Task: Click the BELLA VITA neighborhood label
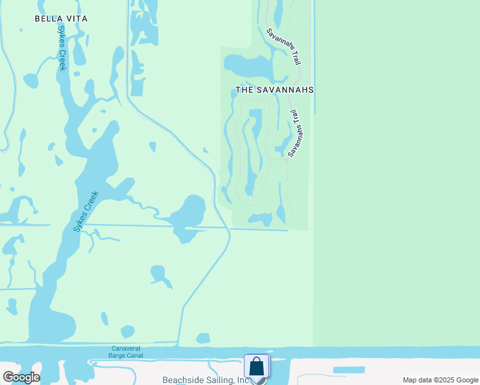[61, 19]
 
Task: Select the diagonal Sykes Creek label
[86, 211]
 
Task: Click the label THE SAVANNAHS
[274, 90]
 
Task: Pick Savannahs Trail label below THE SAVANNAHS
[295, 133]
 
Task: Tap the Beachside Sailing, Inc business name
[205, 380]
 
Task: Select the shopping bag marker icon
[257, 367]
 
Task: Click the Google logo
[21, 377]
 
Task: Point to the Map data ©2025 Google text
[440, 380]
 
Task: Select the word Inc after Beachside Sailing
[243, 380]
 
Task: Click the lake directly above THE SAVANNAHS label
[247, 65]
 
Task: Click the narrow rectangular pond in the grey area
[348, 370]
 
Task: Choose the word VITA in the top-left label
[76, 19]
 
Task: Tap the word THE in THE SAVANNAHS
[244, 90]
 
